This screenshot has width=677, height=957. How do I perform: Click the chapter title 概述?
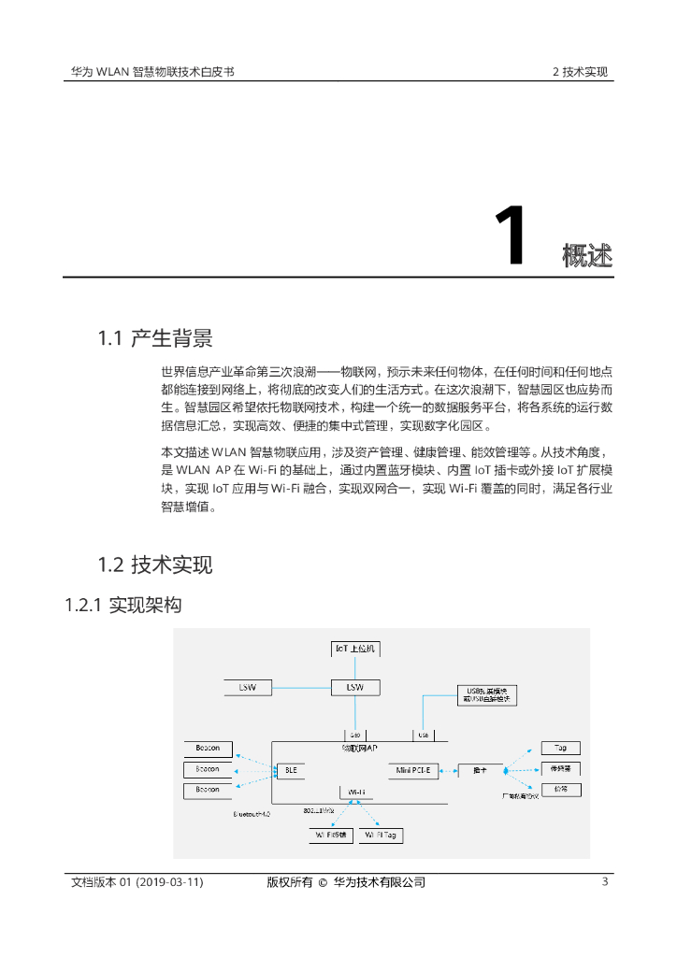click(x=587, y=254)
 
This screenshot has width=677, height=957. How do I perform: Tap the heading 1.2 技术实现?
click(x=155, y=564)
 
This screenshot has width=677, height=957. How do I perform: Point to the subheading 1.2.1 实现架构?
click(x=122, y=606)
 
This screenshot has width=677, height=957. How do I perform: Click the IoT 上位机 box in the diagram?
click(x=357, y=648)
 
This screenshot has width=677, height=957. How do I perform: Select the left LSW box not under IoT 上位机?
click(x=248, y=687)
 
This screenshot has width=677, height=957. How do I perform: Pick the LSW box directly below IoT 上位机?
click(x=355, y=687)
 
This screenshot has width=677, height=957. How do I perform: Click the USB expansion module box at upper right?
click(x=485, y=695)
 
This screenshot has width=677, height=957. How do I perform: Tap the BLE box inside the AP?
click(x=289, y=771)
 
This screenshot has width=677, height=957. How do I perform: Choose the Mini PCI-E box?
click(x=413, y=771)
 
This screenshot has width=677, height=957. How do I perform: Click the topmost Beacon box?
click(x=208, y=749)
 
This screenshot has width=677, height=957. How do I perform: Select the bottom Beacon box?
click(x=208, y=791)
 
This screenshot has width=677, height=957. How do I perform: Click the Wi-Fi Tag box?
click(x=382, y=836)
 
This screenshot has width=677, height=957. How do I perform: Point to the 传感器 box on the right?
click(x=561, y=768)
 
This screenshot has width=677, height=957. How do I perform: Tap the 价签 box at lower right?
click(x=561, y=790)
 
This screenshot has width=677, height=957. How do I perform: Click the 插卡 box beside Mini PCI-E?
click(x=480, y=771)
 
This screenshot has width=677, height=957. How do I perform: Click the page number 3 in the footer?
click(x=605, y=882)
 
